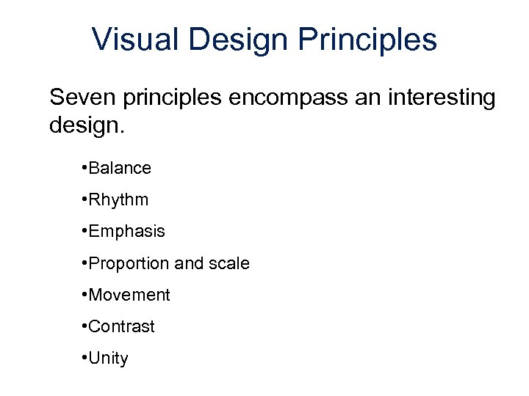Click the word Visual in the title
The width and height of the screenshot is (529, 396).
(x=135, y=40)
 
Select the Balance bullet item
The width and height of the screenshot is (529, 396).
(x=120, y=168)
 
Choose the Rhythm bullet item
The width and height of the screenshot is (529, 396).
(x=119, y=199)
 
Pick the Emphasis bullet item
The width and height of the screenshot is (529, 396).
(x=127, y=232)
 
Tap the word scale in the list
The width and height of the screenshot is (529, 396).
(x=228, y=263)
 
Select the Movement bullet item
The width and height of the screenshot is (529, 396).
(x=130, y=295)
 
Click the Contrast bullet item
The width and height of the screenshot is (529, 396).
(x=123, y=326)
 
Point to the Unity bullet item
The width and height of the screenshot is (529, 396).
(x=109, y=359)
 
